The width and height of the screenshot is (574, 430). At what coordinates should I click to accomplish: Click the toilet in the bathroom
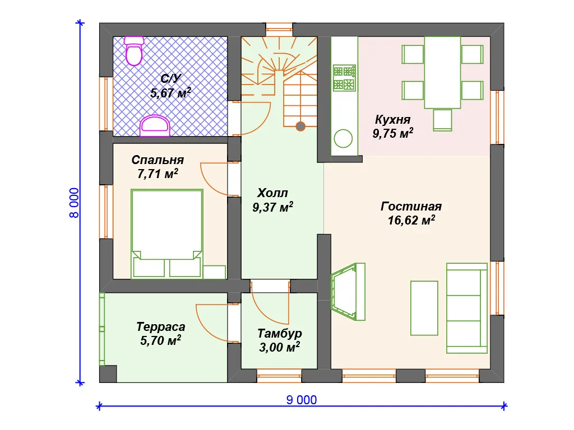click(x=133, y=50)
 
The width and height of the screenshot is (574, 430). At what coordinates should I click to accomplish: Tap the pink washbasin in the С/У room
click(x=155, y=126)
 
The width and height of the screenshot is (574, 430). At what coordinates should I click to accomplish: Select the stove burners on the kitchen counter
click(x=344, y=78)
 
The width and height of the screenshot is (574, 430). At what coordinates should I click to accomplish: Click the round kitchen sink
click(x=343, y=139)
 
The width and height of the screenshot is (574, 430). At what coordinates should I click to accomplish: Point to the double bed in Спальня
click(x=167, y=233)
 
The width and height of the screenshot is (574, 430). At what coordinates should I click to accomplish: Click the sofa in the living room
click(x=467, y=309)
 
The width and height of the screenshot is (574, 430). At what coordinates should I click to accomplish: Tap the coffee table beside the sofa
click(x=424, y=309)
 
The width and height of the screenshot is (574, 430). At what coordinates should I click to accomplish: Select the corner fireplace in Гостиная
click(x=348, y=292)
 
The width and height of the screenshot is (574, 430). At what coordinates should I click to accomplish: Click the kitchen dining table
click(x=442, y=72)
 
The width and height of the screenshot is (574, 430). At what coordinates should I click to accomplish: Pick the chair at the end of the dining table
click(x=442, y=120)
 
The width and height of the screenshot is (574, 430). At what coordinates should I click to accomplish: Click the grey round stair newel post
click(x=300, y=127)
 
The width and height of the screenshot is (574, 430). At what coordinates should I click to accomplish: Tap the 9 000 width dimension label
click(x=301, y=400)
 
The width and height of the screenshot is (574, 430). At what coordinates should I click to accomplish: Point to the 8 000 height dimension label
click(x=74, y=203)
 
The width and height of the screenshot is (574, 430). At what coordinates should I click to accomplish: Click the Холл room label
click(x=272, y=193)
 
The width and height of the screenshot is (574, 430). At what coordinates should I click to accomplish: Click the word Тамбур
click(x=280, y=334)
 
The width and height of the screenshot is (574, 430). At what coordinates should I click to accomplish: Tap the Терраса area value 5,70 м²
click(x=161, y=340)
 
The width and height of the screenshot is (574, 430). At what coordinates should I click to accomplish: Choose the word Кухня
click(x=393, y=120)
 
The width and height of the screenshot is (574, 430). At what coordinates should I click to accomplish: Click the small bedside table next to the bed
click(x=215, y=272)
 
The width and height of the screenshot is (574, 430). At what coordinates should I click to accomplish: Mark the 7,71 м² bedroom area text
click(x=158, y=174)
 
